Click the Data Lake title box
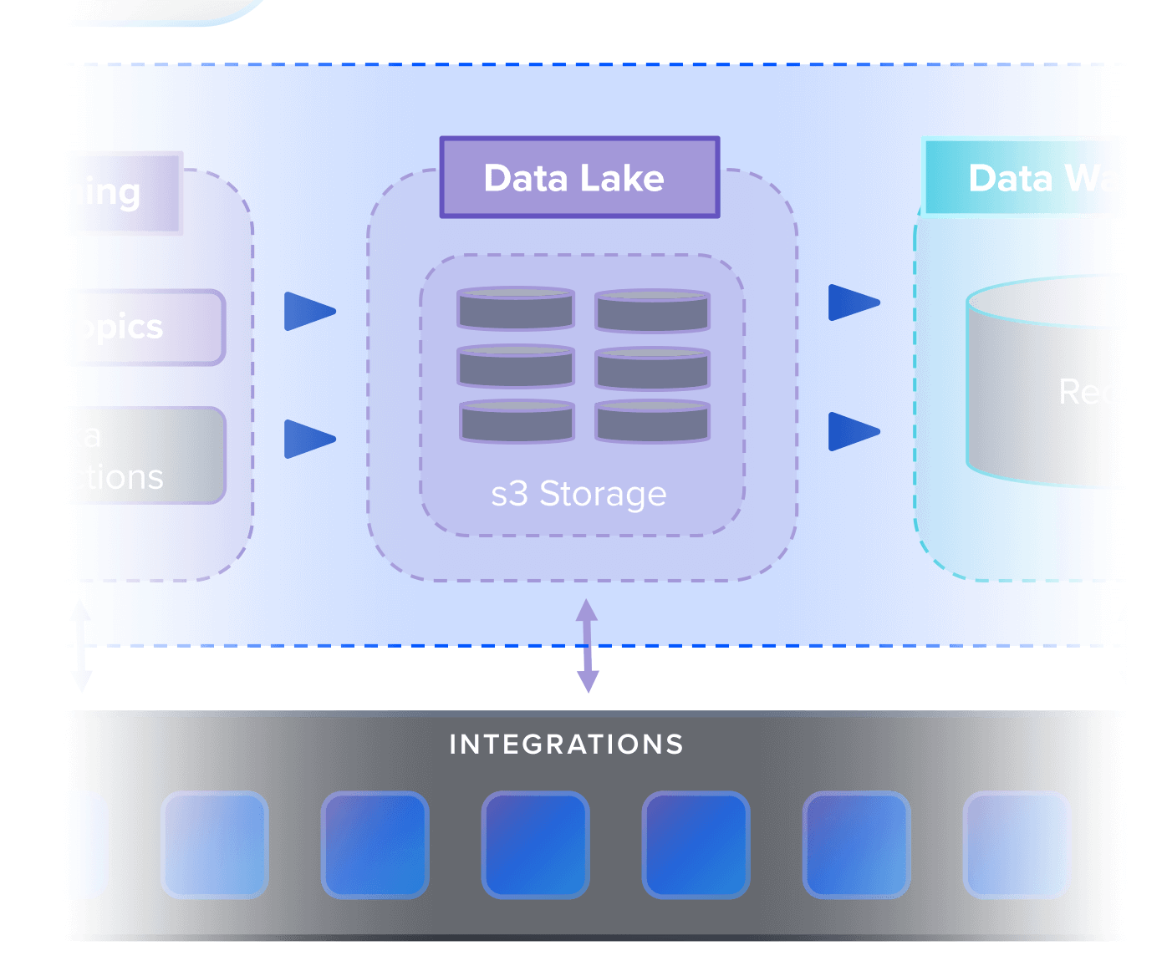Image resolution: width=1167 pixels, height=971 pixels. pyautogui.click(x=579, y=178)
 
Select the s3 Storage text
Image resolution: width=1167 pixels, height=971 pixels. pyautogui.click(x=578, y=494)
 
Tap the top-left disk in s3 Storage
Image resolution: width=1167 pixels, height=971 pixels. pyautogui.click(x=516, y=308)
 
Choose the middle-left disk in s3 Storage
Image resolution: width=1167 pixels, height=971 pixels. pyautogui.click(x=516, y=366)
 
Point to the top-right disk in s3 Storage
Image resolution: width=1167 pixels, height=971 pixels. pyautogui.click(x=653, y=310)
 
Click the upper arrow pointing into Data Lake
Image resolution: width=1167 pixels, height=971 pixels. pyautogui.click(x=308, y=312)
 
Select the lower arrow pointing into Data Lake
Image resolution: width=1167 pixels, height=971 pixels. pyautogui.click(x=308, y=439)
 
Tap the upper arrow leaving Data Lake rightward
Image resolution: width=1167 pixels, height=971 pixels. pyautogui.click(x=853, y=302)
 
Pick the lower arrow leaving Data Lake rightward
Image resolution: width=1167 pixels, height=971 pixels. pyautogui.click(x=853, y=431)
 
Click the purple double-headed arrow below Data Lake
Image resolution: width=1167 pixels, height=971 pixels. pyautogui.click(x=588, y=645)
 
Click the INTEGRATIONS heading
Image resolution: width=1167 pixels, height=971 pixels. pyautogui.click(x=567, y=745)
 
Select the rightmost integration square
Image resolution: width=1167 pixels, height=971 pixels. pyautogui.click(x=1017, y=845)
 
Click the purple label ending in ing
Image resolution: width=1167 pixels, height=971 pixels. pyautogui.click(x=125, y=193)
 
